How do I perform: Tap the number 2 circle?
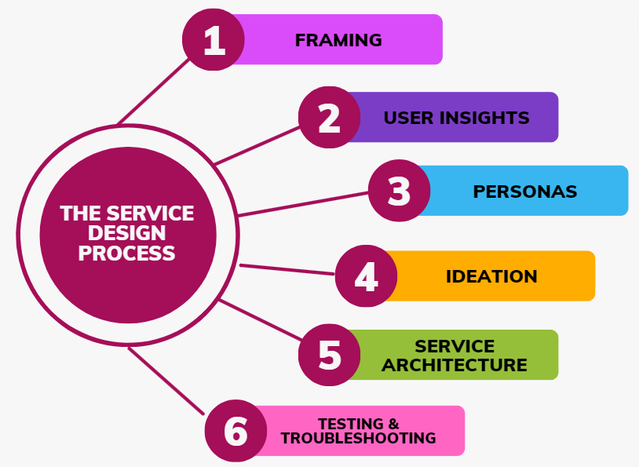[x=329, y=118]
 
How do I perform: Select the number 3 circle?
[x=399, y=191]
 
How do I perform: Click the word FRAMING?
[x=338, y=40]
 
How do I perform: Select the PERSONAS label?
[x=524, y=192]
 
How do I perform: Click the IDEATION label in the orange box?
[x=491, y=276]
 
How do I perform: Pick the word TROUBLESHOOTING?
[x=358, y=439]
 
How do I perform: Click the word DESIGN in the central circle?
[x=127, y=233]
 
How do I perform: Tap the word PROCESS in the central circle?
[x=127, y=253]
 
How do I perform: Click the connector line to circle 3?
[x=302, y=203]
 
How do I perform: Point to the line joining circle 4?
[x=287, y=269]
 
